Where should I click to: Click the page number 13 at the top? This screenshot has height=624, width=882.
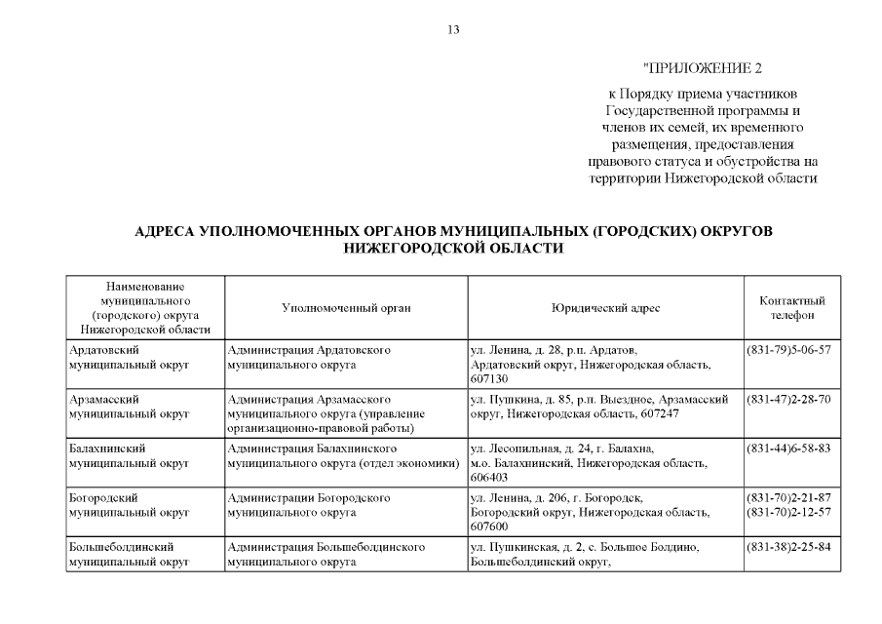click(x=453, y=29)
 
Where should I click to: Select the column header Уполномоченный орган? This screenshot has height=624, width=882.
click(x=346, y=308)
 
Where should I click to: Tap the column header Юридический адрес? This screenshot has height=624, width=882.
click(x=604, y=308)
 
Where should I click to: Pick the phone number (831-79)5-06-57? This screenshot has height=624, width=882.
click(x=787, y=349)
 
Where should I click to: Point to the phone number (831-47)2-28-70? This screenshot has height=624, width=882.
click(x=787, y=399)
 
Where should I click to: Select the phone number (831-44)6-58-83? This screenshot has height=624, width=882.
click(x=787, y=448)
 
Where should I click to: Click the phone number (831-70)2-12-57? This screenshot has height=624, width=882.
click(x=787, y=512)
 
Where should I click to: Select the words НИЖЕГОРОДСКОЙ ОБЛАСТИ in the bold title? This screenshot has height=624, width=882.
click(x=453, y=250)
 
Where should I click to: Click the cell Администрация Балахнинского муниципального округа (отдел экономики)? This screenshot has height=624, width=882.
click(x=343, y=456)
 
